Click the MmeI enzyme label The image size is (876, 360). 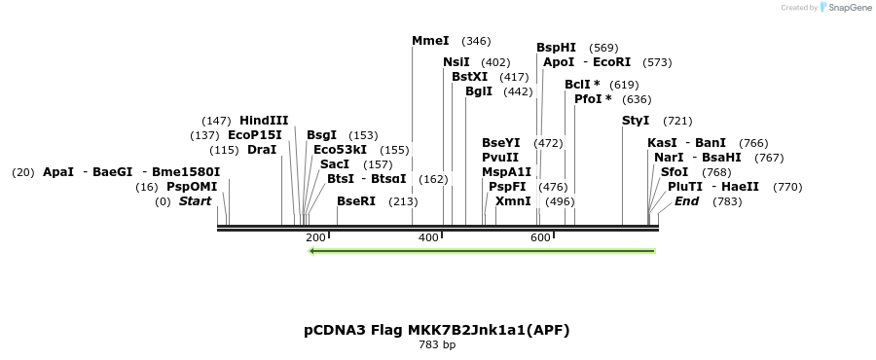coord(430,41)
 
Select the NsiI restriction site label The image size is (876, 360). coord(456,62)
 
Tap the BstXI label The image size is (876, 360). coord(469,77)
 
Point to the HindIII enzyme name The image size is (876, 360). coord(264,120)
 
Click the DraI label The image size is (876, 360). coord(262,150)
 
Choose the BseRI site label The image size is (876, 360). coord(355,201)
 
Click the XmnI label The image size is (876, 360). coord(513,201)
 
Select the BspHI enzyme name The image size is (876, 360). coord(556,48)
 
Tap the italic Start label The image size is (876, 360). coord(195,201)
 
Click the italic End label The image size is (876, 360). coord(686,201)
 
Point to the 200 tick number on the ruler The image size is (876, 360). coord(315,237)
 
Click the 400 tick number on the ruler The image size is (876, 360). coord(428,237)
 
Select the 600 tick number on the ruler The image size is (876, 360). coord(540,237)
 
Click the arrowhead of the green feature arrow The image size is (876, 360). coord(312,251)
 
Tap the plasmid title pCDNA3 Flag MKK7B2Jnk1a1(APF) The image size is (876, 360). coord(436,330)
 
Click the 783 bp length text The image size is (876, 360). coord(436,344)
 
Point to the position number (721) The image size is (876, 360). coord(677,121)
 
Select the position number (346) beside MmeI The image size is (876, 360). coord(476,41)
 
